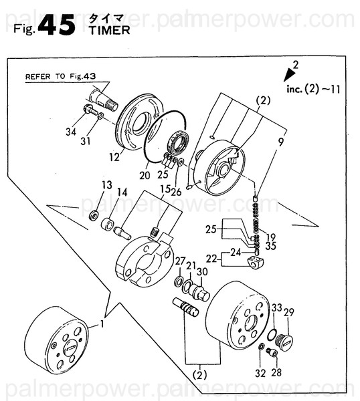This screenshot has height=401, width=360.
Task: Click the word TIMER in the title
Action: coord(105,29)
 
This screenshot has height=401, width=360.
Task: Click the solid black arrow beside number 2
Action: coord(289,74)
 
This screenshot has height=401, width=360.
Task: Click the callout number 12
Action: coord(114,157)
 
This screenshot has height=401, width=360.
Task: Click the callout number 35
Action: coord(270,245)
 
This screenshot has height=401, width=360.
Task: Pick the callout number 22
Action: coord(211,258)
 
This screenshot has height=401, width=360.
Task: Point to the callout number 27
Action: coord(180,260)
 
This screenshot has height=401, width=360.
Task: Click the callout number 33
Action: coord(276,307)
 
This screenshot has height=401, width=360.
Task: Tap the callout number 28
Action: coord(277,372)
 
